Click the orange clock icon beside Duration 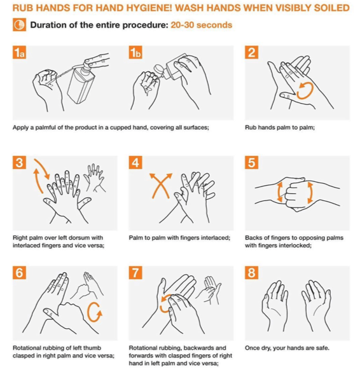tap(20, 25)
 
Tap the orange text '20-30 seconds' tap(201, 25)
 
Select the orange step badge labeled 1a tap(19, 52)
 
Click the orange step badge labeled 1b tap(135, 52)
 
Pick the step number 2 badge tap(251, 52)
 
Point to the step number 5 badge tap(251, 163)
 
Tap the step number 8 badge tap(251, 273)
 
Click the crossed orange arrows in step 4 tap(160, 185)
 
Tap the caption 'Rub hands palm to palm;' tap(280, 127)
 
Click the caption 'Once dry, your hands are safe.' tap(287, 348)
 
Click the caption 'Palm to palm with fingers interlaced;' tap(179, 238)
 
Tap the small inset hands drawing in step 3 tap(94, 177)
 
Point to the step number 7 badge tap(135, 273)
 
